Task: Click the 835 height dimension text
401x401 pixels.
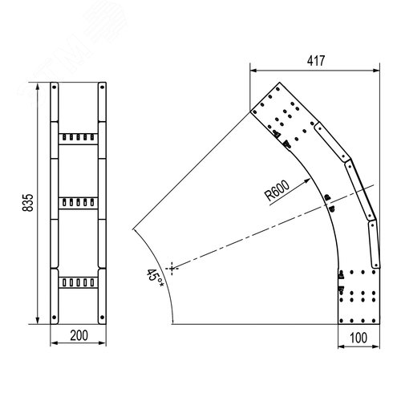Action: (28, 203)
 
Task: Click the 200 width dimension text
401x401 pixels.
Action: (79, 335)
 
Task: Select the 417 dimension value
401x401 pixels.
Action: (316, 61)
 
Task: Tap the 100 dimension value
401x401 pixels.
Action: (358, 338)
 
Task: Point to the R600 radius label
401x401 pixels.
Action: (277, 191)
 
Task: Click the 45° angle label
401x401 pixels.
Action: (155, 278)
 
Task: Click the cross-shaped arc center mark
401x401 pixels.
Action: (172, 268)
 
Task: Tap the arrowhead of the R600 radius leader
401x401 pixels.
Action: (307, 181)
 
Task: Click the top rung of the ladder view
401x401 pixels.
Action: (78, 139)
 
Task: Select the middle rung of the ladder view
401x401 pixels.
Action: (78, 203)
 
